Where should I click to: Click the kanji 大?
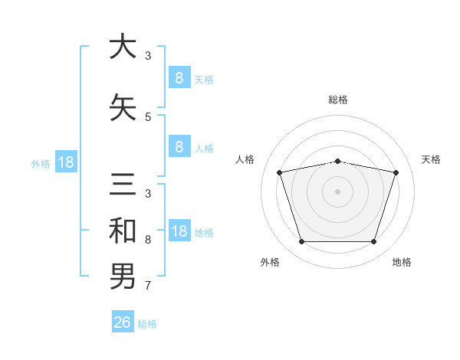click(x=123, y=47)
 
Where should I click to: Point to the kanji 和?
click(x=123, y=231)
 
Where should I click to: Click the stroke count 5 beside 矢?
click(x=148, y=116)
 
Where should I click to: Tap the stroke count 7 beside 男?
click(x=148, y=286)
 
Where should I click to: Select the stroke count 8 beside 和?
click(x=148, y=240)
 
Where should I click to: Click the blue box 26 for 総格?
click(x=123, y=322)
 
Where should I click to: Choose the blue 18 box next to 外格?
click(x=65, y=162)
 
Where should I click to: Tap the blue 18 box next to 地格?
click(x=179, y=231)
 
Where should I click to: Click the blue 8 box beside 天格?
click(x=179, y=77)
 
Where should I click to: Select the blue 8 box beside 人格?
click(x=179, y=147)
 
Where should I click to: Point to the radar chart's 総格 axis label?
click(x=338, y=100)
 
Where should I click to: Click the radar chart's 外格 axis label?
click(x=270, y=262)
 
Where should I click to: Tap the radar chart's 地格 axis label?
click(x=402, y=262)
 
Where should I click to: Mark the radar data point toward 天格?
click(x=396, y=172)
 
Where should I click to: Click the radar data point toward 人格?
click(x=280, y=172)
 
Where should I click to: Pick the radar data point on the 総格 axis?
click(x=338, y=161)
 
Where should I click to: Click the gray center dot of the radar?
click(x=338, y=191)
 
